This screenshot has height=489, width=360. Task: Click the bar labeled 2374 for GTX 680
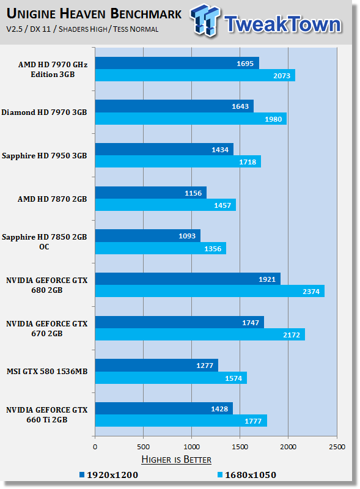click(209, 291)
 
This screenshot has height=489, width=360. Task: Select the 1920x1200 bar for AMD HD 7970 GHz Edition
click(177, 63)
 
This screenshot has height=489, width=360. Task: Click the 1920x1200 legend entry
click(109, 474)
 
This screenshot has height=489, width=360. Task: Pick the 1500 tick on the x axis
click(240, 447)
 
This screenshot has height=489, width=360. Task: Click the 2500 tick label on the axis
click(337, 447)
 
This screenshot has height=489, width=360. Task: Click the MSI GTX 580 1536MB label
click(46, 370)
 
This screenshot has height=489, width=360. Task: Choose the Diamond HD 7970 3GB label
click(44, 112)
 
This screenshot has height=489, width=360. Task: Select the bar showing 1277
click(156, 365)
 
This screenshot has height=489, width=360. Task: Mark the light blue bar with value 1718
click(177, 161)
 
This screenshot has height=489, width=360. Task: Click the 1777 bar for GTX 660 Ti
click(180, 421)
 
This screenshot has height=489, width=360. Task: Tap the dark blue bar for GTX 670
click(178, 322)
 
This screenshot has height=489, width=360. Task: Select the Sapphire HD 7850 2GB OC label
click(45, 241)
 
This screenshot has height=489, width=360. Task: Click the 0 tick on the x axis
click(95, 447)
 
